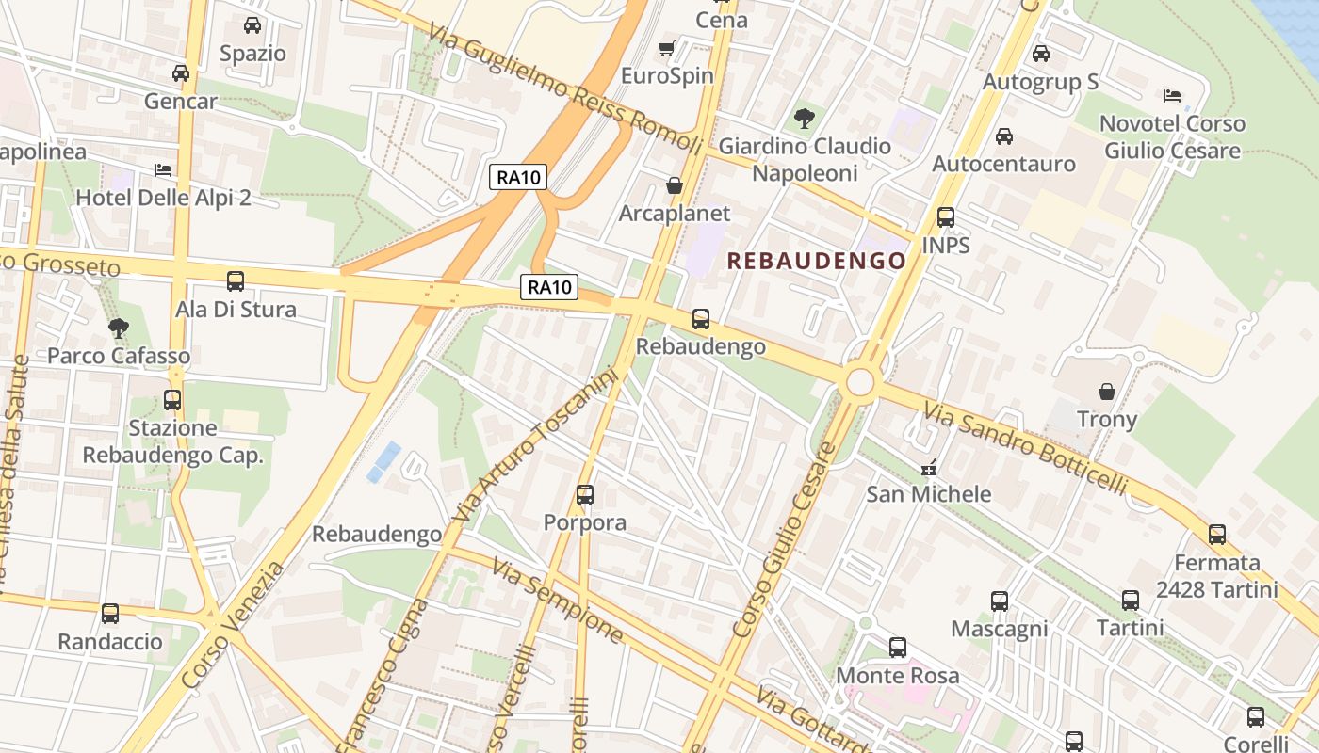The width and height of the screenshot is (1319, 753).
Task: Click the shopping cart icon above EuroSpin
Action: click(667, 48)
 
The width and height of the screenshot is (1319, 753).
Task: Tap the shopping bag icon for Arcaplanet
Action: click(675, 185)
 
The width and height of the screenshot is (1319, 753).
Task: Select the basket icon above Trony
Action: click(1107, 391)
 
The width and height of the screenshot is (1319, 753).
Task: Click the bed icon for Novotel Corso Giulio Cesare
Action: click(1172, 95)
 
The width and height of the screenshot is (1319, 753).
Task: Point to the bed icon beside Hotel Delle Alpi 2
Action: click(163, 170)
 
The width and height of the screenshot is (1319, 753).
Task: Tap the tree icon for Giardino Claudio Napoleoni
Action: click(804, 118)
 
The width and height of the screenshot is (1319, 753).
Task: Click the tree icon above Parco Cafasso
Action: click(119, 328)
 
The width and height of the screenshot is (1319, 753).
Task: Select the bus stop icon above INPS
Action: click(946, 217)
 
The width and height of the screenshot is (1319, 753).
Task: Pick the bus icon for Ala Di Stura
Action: click(236, 280)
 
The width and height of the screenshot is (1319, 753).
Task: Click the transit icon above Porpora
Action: click(585, 494)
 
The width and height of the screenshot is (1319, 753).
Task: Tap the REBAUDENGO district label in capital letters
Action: click(818, 261)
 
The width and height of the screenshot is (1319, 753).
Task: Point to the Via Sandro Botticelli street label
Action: click(1025, 448)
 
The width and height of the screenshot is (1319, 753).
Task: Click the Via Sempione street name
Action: click(558, 602)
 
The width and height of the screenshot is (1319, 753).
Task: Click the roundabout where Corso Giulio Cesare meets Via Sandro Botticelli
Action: click(860, 382)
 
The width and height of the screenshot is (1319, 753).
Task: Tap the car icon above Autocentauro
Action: click(1004, 136)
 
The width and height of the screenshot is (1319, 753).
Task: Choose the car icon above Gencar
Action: click(181, 72)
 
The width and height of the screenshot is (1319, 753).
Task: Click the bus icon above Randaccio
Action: click(110, 614)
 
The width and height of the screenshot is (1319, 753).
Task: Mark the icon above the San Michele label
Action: click(929, 467)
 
